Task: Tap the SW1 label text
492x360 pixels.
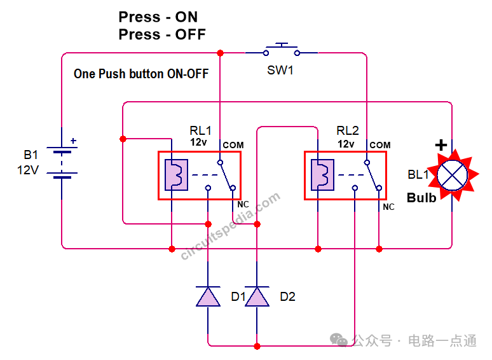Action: click(x=280, y=71)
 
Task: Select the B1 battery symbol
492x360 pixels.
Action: click(x=62, y=163)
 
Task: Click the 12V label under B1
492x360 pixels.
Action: click(x=28, y=170)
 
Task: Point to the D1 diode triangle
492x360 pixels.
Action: click(x=208, y=296)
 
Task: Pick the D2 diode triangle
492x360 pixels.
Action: click(x=257, y=296)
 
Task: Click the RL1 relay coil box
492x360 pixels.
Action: click(x=176, y=175)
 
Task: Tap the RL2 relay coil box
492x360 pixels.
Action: click(x=322, y=175)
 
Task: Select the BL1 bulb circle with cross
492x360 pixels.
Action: click(x=452, y=175)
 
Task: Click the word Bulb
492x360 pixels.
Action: click(x=421, y=198)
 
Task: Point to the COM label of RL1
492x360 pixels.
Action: click(x=233, y=145)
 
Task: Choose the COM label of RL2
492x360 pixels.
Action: click(x=380, y=145)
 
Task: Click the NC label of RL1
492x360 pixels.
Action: click(x=243, y=204)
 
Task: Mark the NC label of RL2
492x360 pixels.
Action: click(x=388, y=207)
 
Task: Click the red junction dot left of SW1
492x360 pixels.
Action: click(x=221, y=53)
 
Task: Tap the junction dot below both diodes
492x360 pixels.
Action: click(x=257, y=346)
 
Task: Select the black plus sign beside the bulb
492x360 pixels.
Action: click(x=441, y=145)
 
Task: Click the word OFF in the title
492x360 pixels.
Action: click(x=190, y=34)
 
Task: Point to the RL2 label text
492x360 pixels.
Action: click(x=347, y=130)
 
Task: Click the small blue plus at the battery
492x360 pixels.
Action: click(x=74, y=141)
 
